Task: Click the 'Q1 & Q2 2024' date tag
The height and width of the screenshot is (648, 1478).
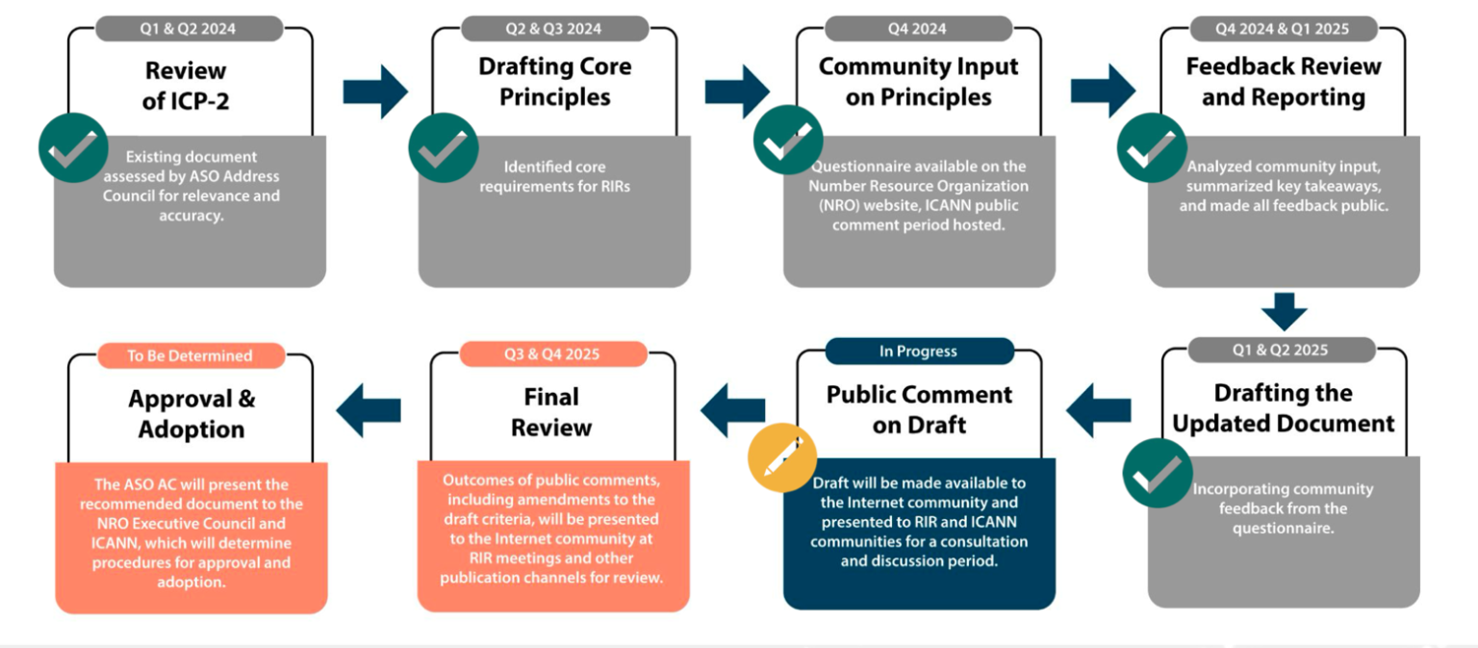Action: (x=188, y=29)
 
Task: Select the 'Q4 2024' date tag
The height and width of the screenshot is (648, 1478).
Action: (x=918, y=29)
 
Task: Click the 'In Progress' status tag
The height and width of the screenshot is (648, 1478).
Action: (x=918, y=351)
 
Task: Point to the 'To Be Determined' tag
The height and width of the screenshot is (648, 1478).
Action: (x=190, y=355)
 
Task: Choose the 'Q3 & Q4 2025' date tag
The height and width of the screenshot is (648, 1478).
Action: (x=551, y=354)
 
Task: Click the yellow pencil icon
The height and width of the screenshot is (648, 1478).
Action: (x=782, y=457)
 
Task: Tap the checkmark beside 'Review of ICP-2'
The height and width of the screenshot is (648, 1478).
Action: (x=73, y=147)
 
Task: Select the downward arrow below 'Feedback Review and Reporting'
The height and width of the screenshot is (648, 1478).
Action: (x=1285, y=312)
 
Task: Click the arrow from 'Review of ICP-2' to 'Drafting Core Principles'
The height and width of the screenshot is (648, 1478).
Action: (x=375, y=91)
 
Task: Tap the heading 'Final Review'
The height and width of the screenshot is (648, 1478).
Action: (x=551, y=411)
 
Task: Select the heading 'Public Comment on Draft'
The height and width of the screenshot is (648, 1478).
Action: (x=919, y=409)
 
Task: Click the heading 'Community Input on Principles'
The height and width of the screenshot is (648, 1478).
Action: (x=918, y=82)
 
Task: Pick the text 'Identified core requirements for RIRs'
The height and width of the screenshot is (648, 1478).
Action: (x=555, y=176)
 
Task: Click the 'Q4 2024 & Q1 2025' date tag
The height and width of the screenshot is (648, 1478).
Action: (x=1282, y=29)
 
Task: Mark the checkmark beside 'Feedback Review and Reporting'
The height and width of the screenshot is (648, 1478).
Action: (x=1151, y=147)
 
